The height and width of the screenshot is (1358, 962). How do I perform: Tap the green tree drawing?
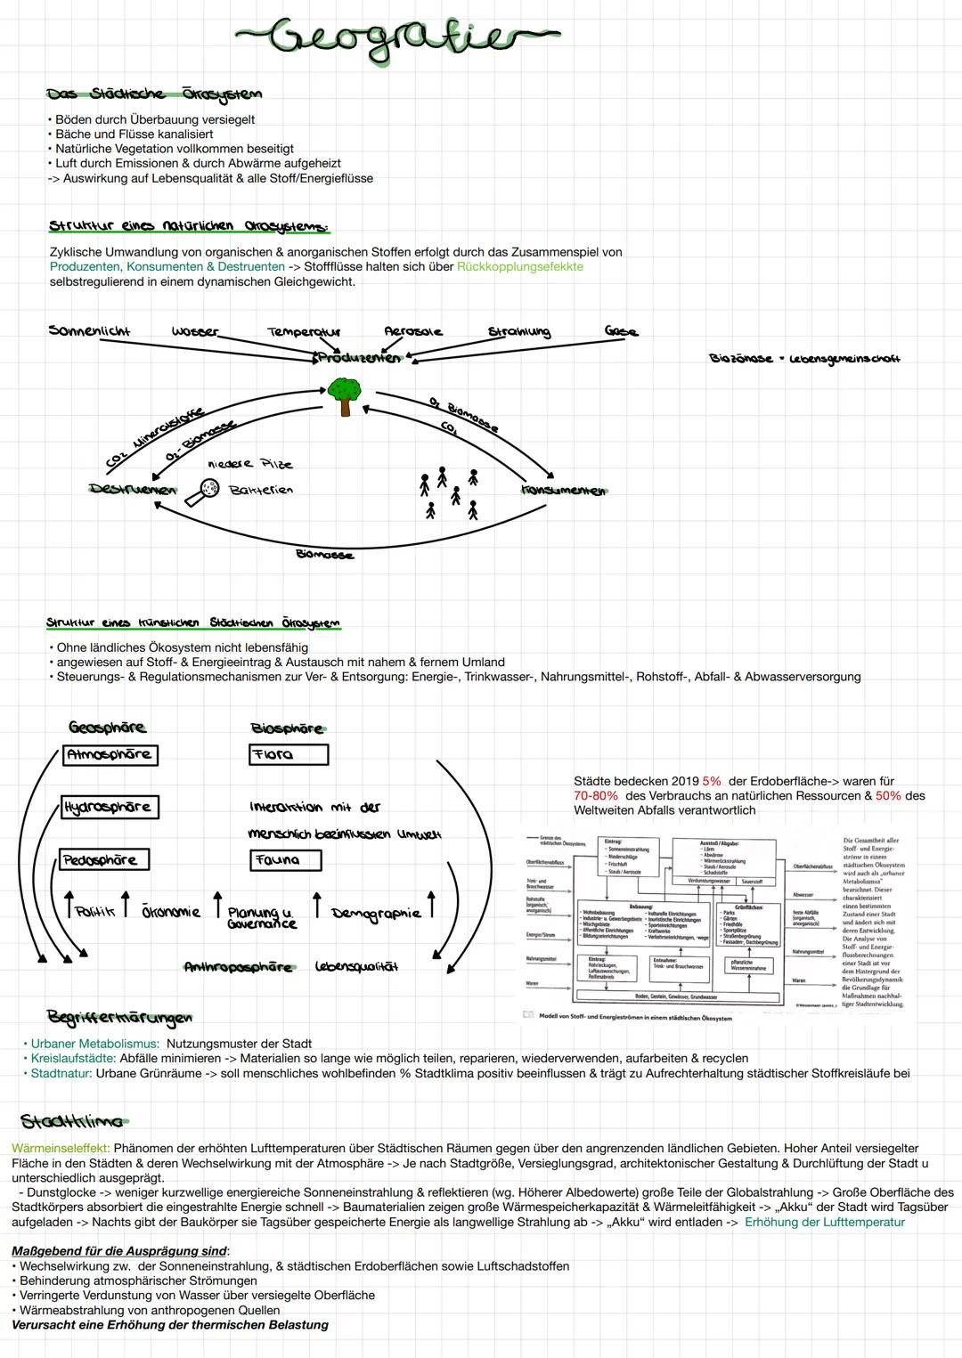(x=344, y=394)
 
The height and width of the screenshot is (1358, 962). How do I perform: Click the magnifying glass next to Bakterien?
(x=210, y=488)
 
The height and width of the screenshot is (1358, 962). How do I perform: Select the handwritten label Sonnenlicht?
(x=89, y=331)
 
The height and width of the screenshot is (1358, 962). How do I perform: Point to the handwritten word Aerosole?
(x=412, y=331)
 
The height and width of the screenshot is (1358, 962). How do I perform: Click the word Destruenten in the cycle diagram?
(x=133, y=489)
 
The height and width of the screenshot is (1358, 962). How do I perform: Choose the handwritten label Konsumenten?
(x=563, y=491)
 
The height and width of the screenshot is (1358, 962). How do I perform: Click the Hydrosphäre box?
(x=109, y=808)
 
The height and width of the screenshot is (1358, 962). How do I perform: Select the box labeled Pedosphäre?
(x=104, y=860)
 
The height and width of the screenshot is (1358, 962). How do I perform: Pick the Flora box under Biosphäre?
(x=289, y=755)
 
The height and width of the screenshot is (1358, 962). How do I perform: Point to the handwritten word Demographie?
(x=376, y=913)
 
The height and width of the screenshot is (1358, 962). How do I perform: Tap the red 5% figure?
(x=711, y=781)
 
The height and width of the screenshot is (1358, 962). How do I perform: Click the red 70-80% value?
(x=596, y=796)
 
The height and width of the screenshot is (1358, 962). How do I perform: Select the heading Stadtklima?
(x=72, y=1120)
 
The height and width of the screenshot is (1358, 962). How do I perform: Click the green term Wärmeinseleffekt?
(x=61, y=1149)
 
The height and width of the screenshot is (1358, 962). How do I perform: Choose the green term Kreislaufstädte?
(x=73, y=1059)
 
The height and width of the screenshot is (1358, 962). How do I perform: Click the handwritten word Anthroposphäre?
(x=238, y=967)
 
